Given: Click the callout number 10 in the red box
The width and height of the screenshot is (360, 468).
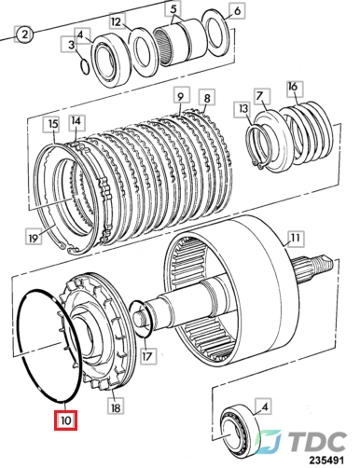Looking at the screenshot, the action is pyautogui.click(x=65, y=420).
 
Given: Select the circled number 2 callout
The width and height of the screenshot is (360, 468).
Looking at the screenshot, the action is pyautogui.click(x=24, y=34).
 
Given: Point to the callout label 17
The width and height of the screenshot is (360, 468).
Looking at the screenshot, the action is pyautogui.click(x=148, y=355).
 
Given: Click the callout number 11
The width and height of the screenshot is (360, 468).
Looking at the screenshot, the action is pyautogui.click(x=295, y=239).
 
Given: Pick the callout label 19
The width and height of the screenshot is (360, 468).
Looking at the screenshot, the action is pyautogui.click(x=34, y=238).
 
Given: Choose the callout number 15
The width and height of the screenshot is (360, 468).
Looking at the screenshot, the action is pyautogui.click(x=53, y=124).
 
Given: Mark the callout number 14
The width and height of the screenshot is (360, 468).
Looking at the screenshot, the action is pyautogui.click(x=76, y=120).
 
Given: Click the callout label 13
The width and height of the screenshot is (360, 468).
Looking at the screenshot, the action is pyautogui.click(x=243, y=109).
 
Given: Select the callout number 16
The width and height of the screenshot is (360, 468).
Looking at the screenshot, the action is pyautogui.click(x=293, y=87).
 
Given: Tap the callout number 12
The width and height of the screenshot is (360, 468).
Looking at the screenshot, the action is pyautogui.click(x=117, y=21).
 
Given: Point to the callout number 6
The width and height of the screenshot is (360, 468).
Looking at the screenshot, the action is pyautogui.click(x=237, y=11).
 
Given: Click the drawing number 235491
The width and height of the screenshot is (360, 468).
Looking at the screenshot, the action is pyautogui.click(x=325, y=461).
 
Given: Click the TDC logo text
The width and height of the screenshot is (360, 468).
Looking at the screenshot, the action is pyautogui.click(x=318, y=442).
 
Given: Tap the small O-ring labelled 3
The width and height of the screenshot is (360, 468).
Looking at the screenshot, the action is pyautogui.click(x=85, y=67).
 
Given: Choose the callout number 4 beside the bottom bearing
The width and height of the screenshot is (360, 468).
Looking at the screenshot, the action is pyautogui.click(x=264, y=406).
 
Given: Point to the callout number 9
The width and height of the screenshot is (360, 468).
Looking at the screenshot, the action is pyautogui.click(x=181, y=96).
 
